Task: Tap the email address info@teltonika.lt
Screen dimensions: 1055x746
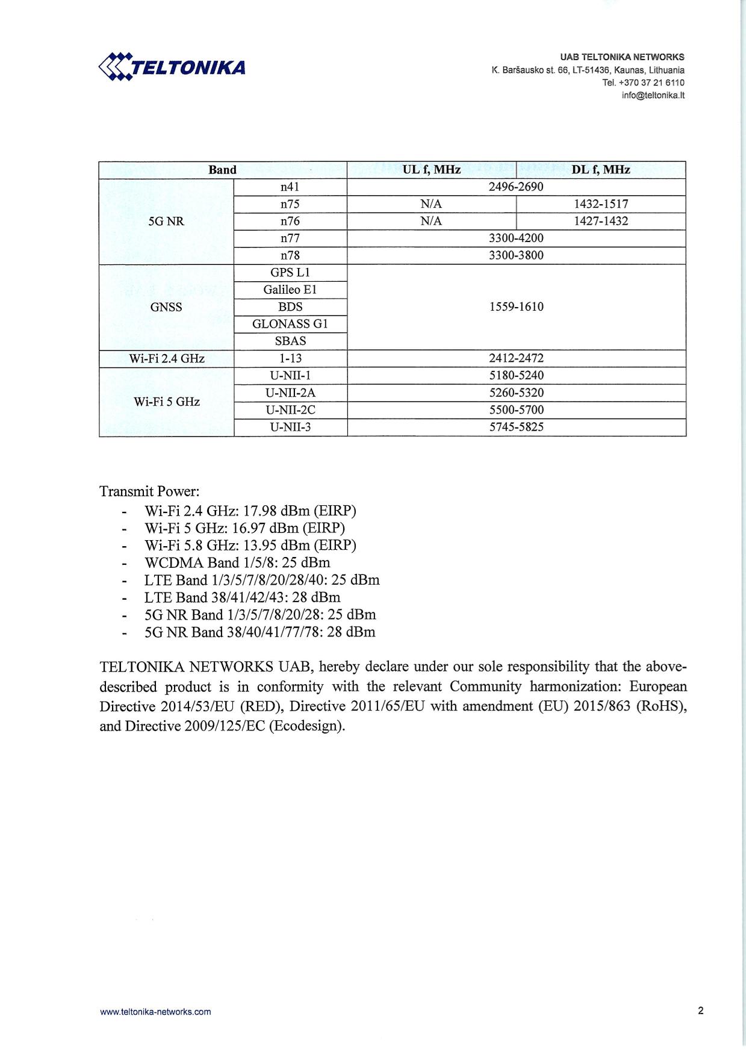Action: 653,95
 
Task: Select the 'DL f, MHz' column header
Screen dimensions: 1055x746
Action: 600,170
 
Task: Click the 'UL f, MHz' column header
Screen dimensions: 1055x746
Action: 431,170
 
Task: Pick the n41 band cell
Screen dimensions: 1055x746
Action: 290,187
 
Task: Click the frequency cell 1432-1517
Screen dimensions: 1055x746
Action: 600,204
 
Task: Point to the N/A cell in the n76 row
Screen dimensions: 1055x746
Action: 431,221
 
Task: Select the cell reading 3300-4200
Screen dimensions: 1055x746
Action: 516,238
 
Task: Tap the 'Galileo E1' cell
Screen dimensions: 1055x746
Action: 290,290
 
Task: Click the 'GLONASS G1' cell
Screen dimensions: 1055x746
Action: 290,324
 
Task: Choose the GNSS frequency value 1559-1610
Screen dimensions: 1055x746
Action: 516,307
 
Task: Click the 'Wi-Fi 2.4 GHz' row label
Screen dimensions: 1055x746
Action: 166,358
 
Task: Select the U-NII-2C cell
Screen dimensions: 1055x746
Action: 290,410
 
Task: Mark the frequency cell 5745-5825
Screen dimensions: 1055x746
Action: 516,427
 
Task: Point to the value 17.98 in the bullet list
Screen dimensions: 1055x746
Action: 260,511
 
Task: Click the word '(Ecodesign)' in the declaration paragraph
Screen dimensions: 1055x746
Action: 307,726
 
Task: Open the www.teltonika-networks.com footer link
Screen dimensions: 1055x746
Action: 155,1012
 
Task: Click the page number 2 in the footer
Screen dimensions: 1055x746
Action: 700,1010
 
